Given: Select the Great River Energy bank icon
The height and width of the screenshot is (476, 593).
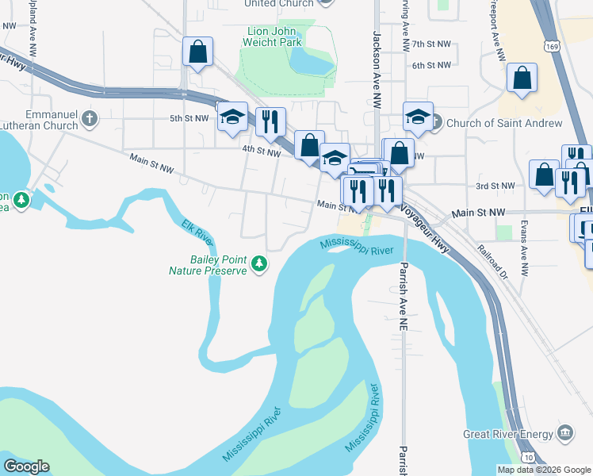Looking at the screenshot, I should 564,433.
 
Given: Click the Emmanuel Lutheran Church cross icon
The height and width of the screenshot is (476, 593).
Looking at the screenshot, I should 90,119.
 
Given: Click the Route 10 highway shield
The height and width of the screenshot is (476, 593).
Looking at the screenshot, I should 528,457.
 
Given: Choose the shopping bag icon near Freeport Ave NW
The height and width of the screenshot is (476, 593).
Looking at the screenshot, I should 522,79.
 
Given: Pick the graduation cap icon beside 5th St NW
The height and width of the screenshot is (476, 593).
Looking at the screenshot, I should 231,117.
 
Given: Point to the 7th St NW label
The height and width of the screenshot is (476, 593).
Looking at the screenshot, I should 430,44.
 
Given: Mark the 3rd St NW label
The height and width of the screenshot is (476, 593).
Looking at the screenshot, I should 495,186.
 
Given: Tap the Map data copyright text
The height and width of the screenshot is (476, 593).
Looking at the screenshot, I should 544,470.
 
